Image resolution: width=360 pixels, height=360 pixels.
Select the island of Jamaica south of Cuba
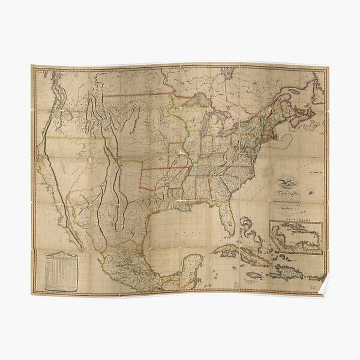pos(254,274)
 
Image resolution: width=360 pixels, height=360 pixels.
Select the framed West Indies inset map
pos(296,238)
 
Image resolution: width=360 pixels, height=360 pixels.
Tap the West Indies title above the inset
pos(296,220)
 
